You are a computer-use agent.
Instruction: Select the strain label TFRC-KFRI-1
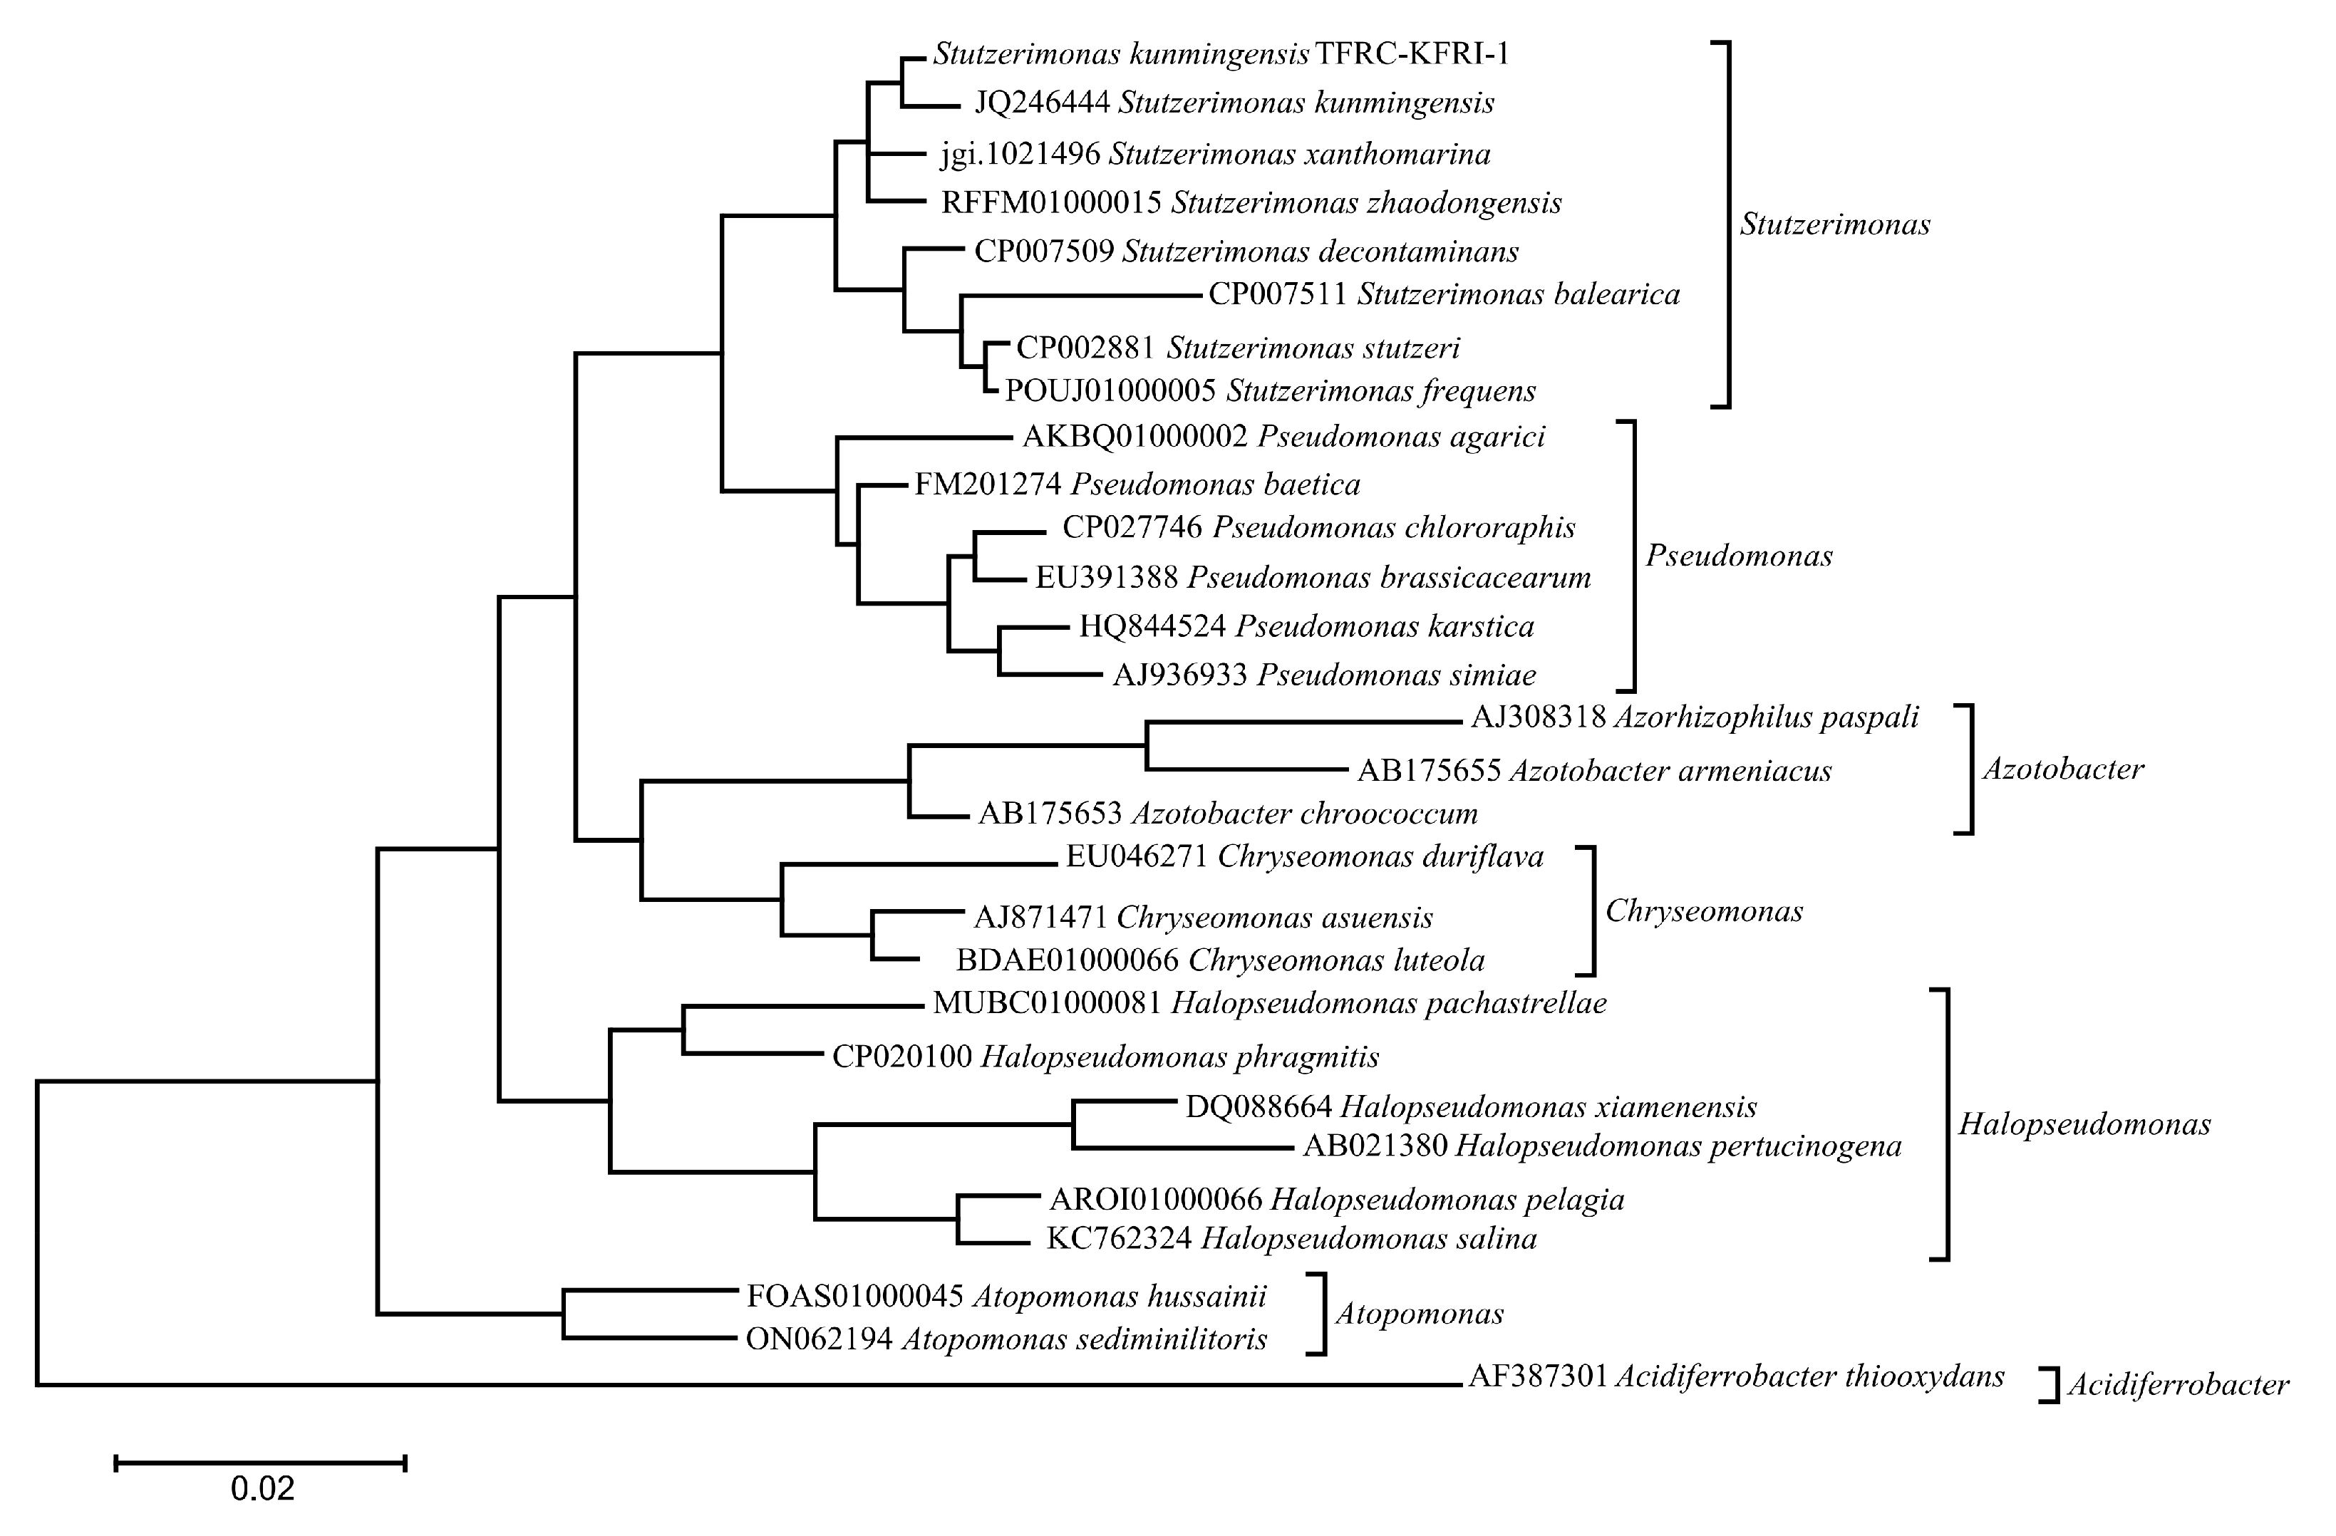[1412, 54]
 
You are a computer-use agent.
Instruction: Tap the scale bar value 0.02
[262, 1489]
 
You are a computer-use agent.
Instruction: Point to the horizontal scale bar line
[260, 1463]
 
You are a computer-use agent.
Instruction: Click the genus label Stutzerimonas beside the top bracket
[1834, 224]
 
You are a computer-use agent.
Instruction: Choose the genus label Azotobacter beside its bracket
[2063, 769]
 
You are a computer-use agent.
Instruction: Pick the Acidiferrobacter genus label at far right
[2178, 1385]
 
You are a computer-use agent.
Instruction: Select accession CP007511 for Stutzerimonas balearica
[1277, 294]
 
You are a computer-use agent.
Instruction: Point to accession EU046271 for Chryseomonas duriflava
[1137, 858]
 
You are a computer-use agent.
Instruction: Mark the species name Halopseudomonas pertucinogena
[1678, 1146]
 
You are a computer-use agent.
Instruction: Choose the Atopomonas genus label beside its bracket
[1420, 1314]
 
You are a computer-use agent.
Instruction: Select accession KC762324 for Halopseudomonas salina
[1119, 1239]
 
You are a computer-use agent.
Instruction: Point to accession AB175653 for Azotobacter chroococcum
[1049, 814]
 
